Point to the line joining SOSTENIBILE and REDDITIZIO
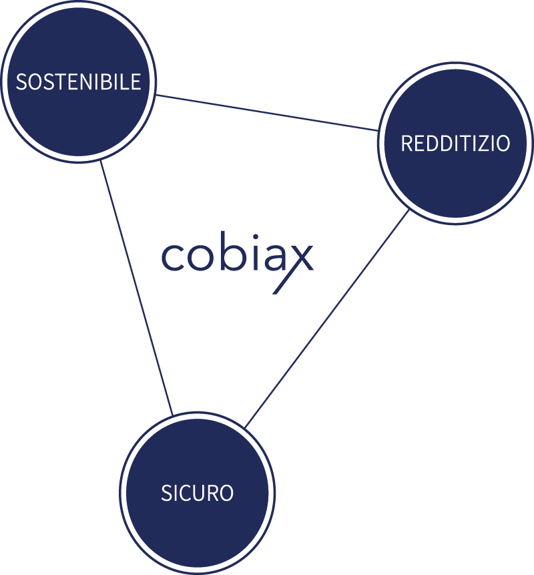pos(267,112)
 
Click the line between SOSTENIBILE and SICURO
pos(137,287)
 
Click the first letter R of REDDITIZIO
pos(407,144)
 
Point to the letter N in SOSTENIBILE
pos(86,82)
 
